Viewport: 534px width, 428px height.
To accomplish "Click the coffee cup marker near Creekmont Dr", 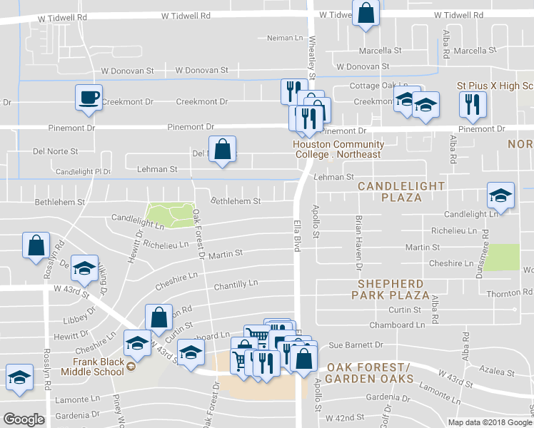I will pyautogui.click(x=89, y=98).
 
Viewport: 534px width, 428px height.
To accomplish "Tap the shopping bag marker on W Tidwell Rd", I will pyautogui.click(x=366, y=14).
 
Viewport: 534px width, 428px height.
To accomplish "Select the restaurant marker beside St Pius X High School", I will pyautogui.click(x=472, y=104).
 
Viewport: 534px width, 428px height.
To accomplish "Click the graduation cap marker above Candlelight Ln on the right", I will pyautogui.click(x=500, y=195).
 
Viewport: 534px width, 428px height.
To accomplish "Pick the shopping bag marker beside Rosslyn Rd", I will pyautogui.click(x=35, y=246).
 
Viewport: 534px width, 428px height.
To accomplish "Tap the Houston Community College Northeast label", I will pyautogui.click(x=338, y=150).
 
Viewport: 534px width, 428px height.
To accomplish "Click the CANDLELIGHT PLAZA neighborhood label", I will pyautogui.click(x=401, y=191).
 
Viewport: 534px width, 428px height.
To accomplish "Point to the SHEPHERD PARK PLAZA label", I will pyautogui.click(x=393, y=289).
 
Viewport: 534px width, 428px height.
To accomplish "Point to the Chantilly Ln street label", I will pyautogui.click(x=236, y=284).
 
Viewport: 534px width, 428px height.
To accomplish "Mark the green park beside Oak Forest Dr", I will pyautogui.click(x=170, y=213).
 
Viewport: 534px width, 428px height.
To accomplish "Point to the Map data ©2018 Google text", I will pyautogui.click(x=489, y=422).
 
